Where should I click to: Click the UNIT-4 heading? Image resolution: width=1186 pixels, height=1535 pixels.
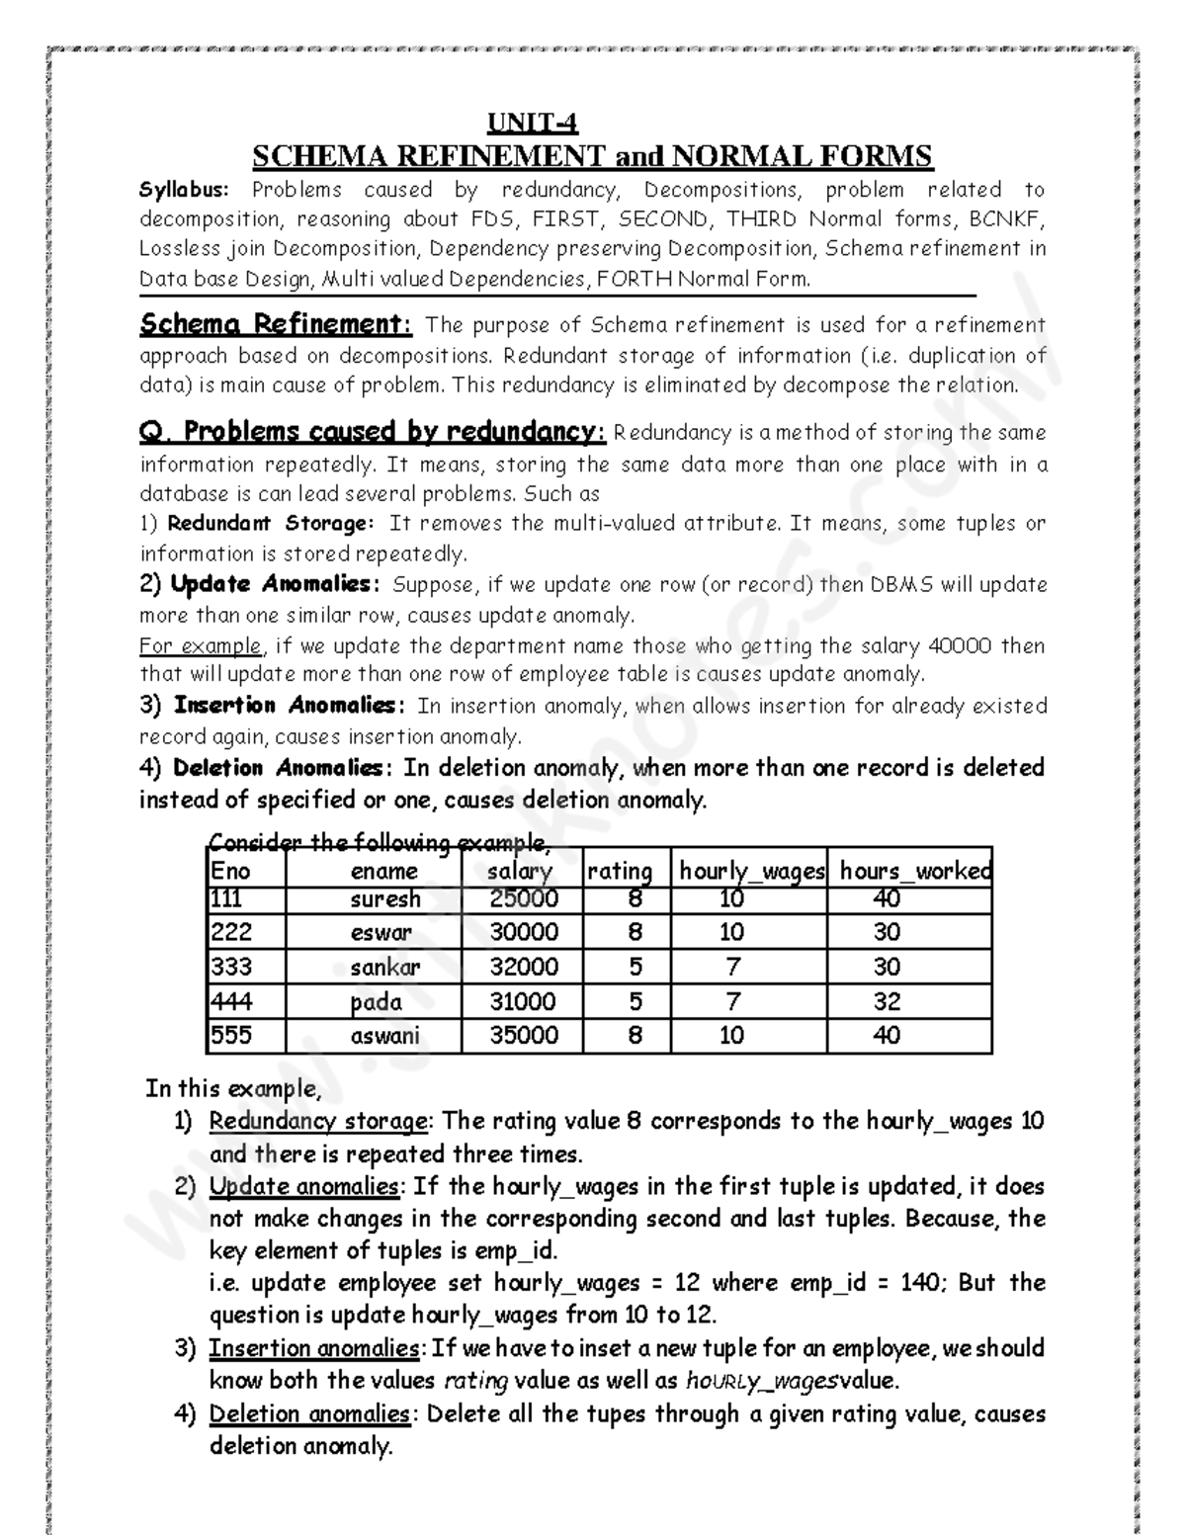click(533, 124)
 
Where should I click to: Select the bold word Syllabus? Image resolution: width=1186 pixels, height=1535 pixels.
click(184, 190)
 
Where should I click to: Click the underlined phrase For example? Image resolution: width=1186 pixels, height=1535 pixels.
click(202, 646)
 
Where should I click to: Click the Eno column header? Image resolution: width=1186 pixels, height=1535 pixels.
click(230, 871)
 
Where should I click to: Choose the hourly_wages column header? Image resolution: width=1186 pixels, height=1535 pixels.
click(751, 871)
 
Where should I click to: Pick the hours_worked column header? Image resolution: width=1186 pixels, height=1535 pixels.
click(914, 871)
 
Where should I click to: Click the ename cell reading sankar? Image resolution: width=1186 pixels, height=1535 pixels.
click(385, 967)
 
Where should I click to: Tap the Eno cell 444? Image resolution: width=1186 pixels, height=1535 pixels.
click(231, 1001)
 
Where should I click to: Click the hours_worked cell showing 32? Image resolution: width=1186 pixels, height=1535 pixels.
click(887, 1001)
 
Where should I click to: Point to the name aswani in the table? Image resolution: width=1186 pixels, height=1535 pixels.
click(385, 1035)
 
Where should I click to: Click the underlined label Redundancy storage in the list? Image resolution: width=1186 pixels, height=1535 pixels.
click(318, 1121)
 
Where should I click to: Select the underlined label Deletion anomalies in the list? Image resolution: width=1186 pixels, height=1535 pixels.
click(309, 1413)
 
